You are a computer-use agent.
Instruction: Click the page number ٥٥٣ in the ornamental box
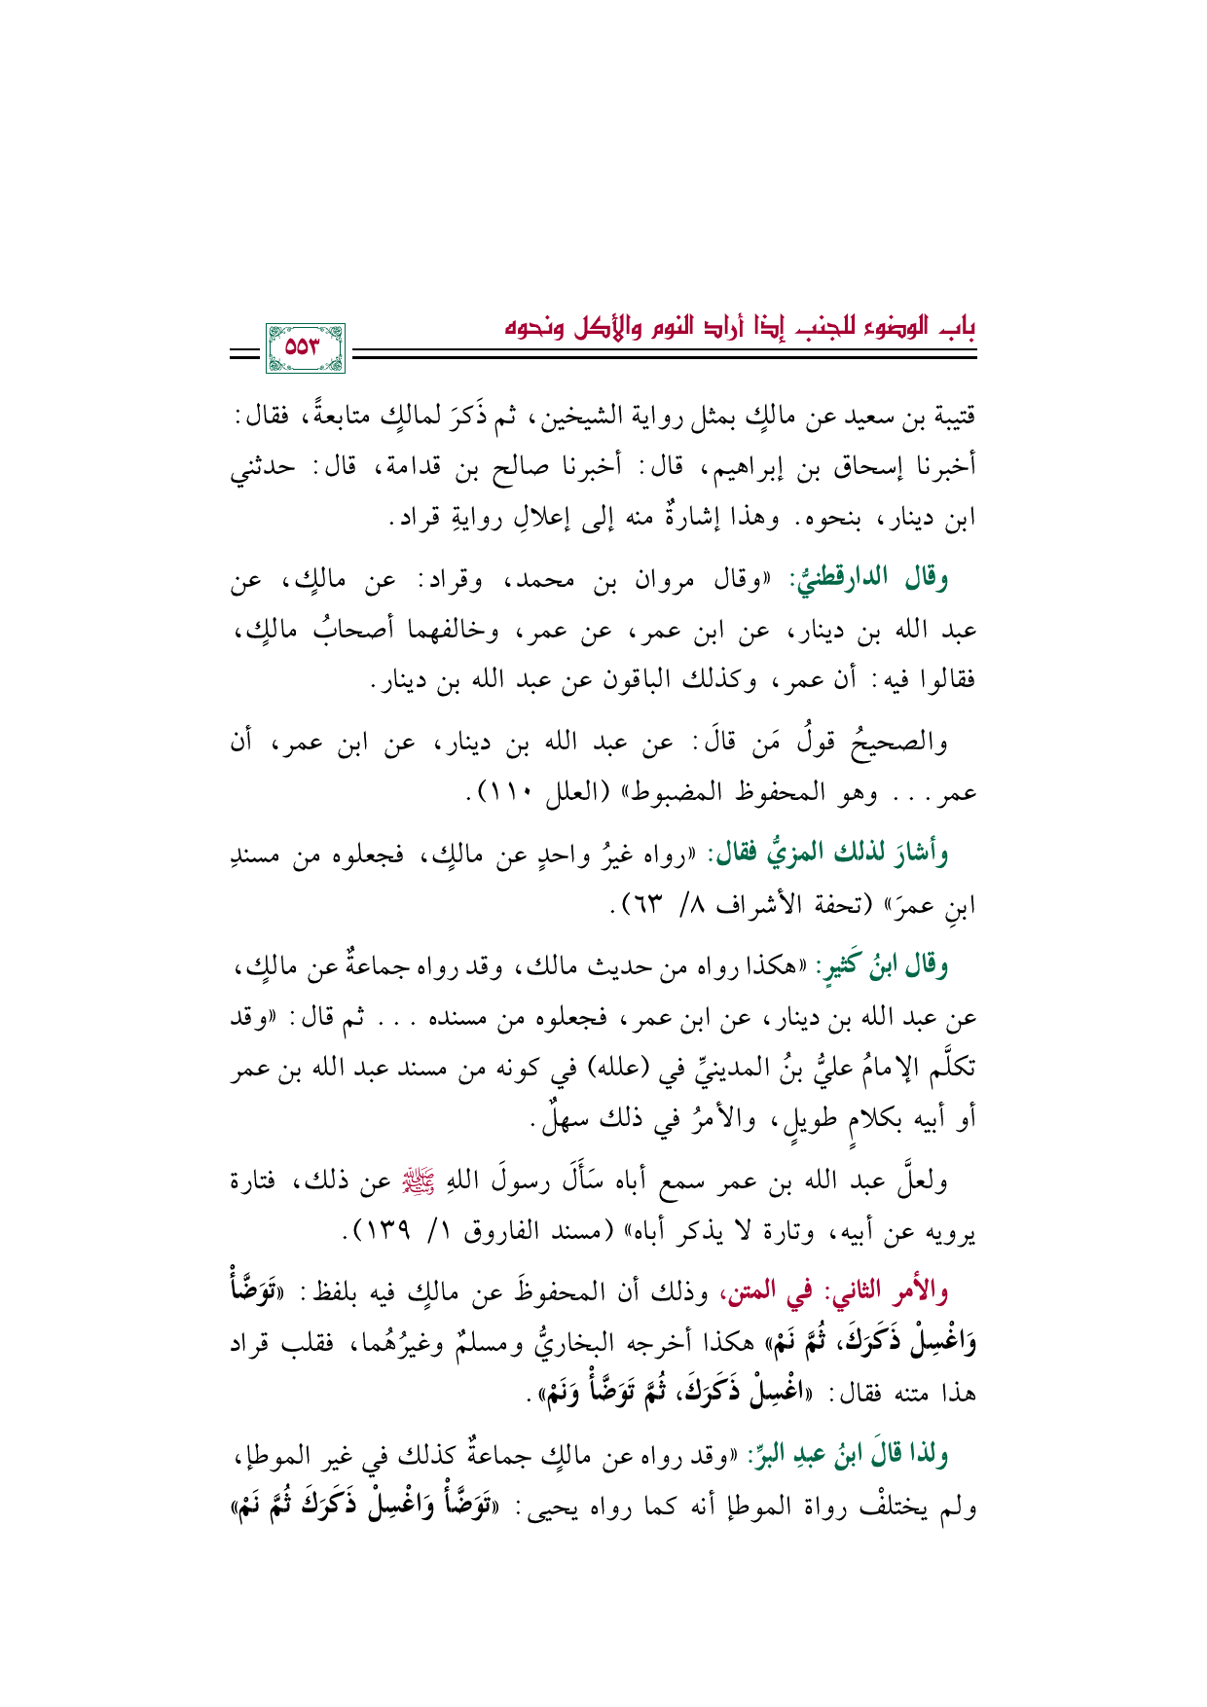pyautogui.click(x=305, y=347)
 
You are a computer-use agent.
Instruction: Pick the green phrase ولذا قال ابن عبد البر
pyautogui.click(x=851, y=1455)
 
